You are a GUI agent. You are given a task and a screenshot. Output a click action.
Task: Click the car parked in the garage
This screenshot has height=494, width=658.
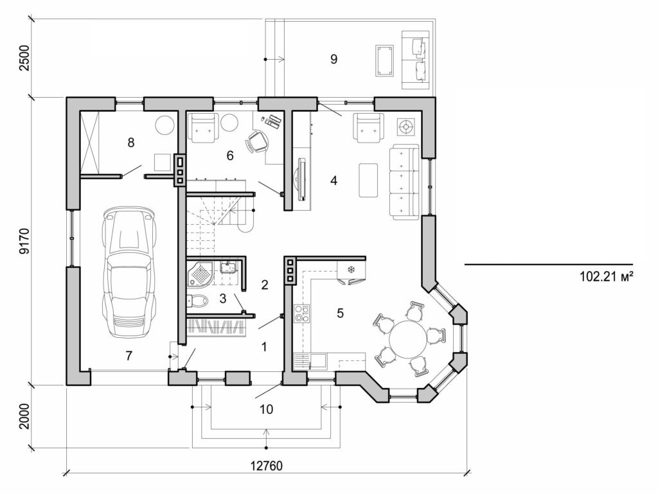point(130,272)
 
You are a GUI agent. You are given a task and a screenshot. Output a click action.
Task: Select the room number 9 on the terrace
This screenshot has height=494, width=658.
point(333,59)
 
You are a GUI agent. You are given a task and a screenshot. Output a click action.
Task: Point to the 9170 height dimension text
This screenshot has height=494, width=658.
point(24,240)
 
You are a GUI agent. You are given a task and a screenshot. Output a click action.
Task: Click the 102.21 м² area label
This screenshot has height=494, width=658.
point(607,277)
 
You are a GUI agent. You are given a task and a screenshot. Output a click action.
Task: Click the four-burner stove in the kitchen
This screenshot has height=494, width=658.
point(301,314)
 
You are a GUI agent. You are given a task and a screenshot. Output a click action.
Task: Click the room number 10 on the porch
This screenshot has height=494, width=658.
point(265,409)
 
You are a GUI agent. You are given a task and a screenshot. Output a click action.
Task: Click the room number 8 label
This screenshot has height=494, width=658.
point(131,143)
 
